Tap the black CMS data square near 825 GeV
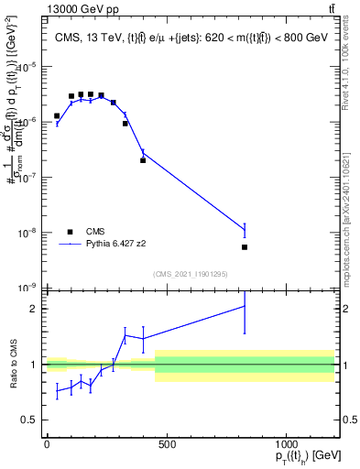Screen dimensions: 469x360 pyautogui.click(x=245, y=247)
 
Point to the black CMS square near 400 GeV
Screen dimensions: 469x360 pyautogui.click(x=143, y=160)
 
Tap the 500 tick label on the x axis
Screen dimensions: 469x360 pyautogui.click(x=166, y=444)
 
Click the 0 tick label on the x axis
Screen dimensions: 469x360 pyautogui.click(x=47, y=444)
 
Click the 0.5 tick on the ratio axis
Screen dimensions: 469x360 pyautogui.click(x=33, y=420)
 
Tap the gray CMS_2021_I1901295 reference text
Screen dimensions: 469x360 pyautogui.click(x=191, y=274)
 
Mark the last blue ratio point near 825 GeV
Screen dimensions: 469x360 pyautogui.click(x=245, y=306)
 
